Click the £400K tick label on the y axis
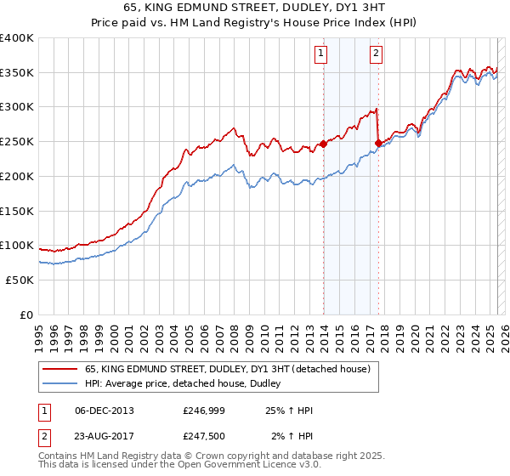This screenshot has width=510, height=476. pos(17,38)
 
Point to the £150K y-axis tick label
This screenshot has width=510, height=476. pos(17,210)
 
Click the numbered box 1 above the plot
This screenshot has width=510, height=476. pos(322,54)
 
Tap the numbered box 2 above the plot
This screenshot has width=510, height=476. pos(376,54)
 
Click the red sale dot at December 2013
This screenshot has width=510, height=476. pos(323,144)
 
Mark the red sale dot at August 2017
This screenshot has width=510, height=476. pos(378,144)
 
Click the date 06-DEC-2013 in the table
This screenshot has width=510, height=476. pos(105,411)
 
